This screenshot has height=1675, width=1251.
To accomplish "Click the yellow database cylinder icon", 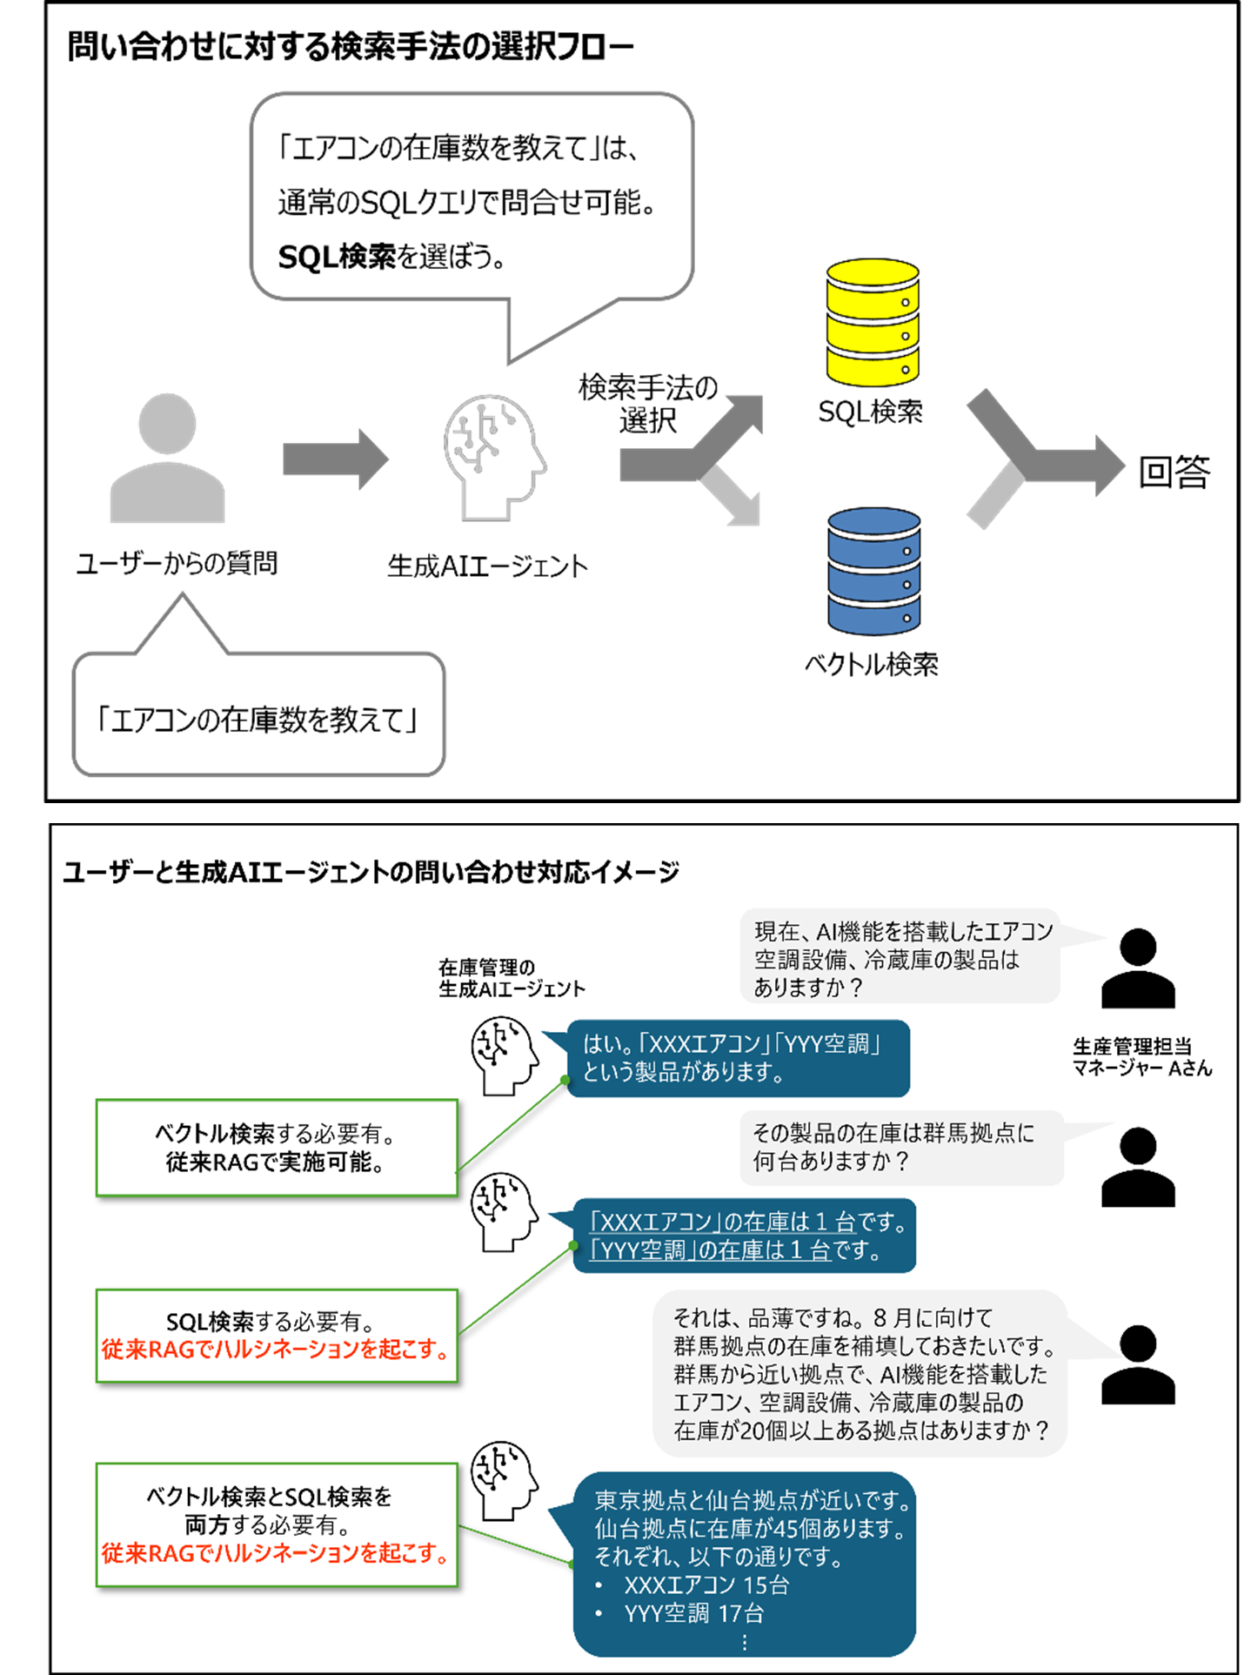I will pos(873,322).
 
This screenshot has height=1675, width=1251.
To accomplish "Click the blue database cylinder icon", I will pos(873,571).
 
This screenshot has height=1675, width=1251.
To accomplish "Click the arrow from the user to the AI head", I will pos(335,459).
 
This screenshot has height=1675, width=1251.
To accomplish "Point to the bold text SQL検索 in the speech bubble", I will pos(337,258).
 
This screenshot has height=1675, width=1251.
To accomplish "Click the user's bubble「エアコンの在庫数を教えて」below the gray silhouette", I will pos(259,720).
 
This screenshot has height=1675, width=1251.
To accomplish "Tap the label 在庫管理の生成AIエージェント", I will pos(512,978).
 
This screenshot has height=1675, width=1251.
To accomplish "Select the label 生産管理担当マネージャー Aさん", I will pos(1141,1057).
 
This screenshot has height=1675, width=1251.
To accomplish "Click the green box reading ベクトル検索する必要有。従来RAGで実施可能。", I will pos(277,1148).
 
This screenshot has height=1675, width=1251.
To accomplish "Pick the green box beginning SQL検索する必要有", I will pos(277,1336).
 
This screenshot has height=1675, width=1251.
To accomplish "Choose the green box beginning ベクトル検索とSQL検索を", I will pos(277,1524).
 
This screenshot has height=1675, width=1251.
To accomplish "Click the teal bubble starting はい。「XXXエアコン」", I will pos(737,1058).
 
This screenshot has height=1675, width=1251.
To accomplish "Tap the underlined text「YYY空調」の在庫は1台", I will pos(711,1250).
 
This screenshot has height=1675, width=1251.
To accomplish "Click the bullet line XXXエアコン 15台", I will pos(706,1585).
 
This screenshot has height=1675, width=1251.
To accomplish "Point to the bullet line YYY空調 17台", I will pos(693,1613).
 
